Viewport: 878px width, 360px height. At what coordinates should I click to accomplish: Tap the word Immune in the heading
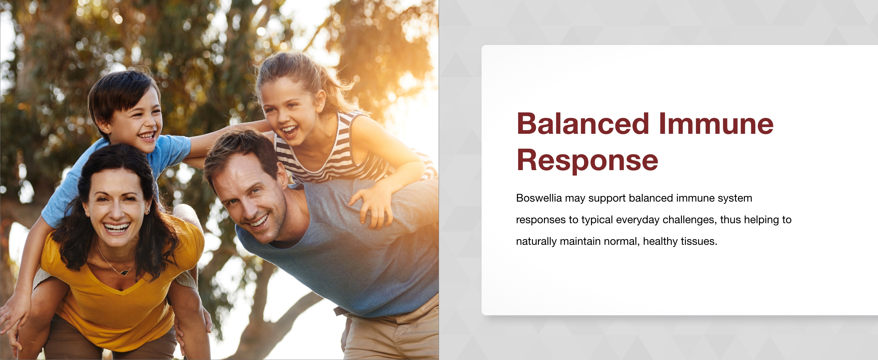pyautogui.click(x=716, y=124)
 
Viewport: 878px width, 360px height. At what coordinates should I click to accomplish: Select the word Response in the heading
pyautogui.click(x=587, y=161)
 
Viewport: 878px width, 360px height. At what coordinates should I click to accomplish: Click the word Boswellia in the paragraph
pyautogui.click(x=539, y=198)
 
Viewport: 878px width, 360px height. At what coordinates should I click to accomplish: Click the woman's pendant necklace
pyautogui.click(x=124, y=272)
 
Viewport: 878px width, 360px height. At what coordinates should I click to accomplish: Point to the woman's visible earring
pyautogui.click(x=148, y=212)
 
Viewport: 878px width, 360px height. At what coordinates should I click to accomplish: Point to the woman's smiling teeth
pyautogui.click(x=117, y=227)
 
